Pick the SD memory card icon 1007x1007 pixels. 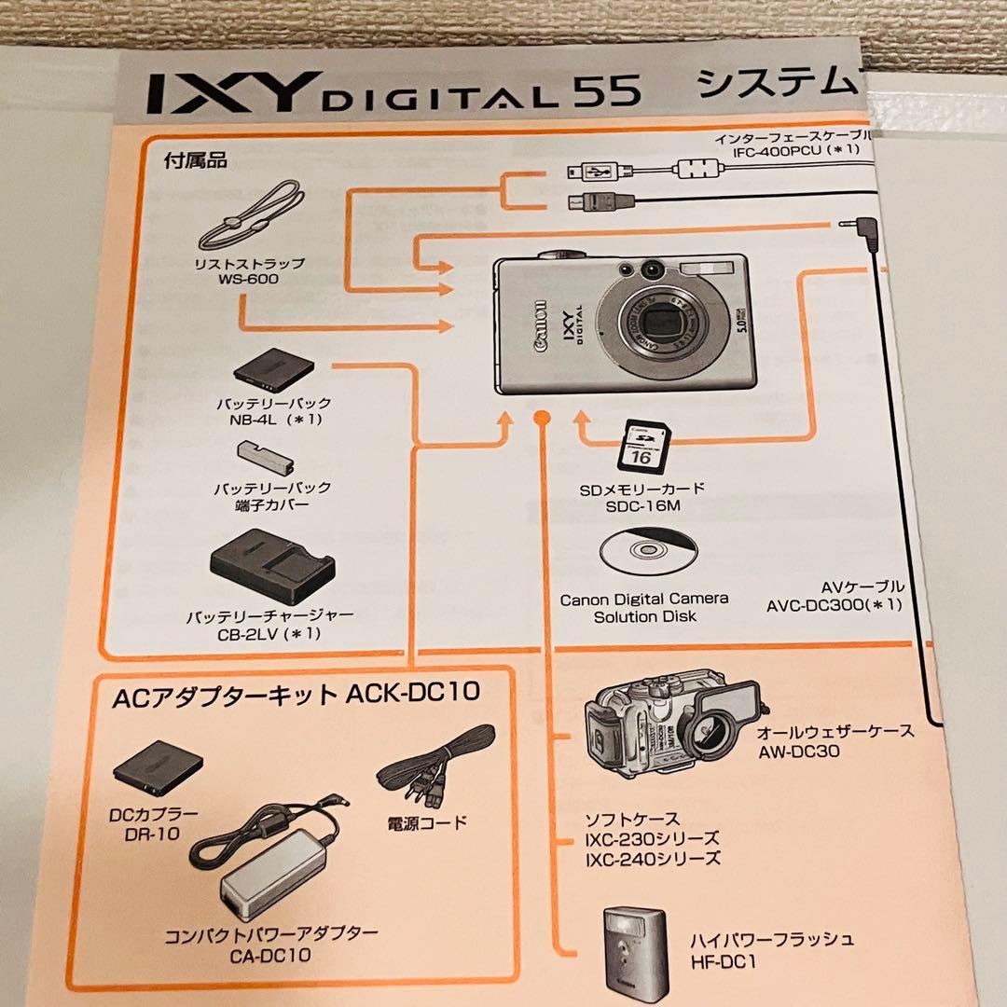coord(643,446)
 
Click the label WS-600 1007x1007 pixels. coord(249,279)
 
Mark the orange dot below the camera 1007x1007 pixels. coord(538,417)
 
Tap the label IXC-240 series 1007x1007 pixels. coord(653,859)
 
